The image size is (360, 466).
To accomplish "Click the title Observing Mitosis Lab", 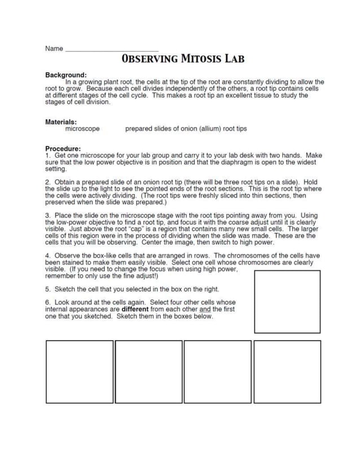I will click(182, 59).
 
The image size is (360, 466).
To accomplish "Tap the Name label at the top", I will click(54, 49).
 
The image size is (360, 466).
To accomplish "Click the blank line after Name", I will click(112, 50).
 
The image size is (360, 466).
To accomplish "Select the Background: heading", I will click(65, 74).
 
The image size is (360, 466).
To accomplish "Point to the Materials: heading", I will click(61, 121).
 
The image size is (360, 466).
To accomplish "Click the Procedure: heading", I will click(63, 148).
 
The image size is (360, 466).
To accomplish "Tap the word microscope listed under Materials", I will click(82, 129).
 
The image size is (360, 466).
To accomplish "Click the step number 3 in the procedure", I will click(47, 216).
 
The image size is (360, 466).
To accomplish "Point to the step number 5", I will click(47, 288).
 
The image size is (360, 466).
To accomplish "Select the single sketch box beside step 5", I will click(287, 302).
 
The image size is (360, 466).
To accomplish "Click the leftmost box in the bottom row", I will click(80, 371).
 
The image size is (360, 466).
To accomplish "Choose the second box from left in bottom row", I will click(149, 371).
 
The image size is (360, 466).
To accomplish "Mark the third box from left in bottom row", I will click(218, 371).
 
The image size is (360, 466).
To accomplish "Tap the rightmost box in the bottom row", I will click(287, 371).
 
